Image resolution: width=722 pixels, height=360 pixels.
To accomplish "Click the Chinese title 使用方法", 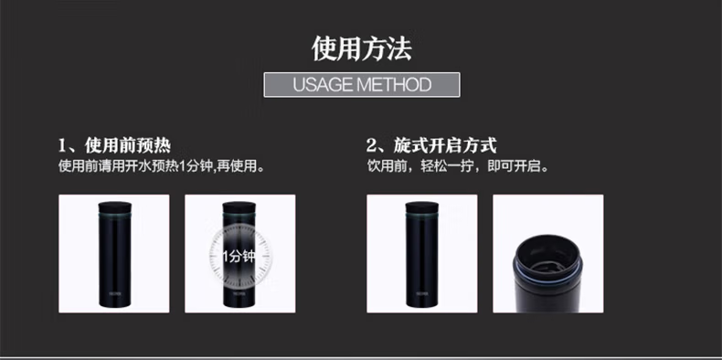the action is pos(362,48).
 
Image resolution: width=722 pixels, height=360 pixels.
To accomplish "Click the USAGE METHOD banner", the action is pos(362,85).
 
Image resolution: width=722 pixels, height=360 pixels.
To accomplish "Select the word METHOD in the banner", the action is pos(393,85).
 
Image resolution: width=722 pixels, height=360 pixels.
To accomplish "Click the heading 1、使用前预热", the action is pos(114,146).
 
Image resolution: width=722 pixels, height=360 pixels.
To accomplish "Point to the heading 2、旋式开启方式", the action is pos(431,146).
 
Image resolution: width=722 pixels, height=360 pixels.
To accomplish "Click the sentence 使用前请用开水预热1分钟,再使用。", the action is pos(162,166).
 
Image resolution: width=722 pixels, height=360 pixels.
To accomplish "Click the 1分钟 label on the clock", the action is pos(239,257).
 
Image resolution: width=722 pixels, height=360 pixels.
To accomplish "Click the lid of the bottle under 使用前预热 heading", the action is pos(114,206).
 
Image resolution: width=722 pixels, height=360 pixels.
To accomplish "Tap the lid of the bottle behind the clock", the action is pos(239,206).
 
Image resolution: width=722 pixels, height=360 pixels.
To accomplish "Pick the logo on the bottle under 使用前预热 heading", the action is pos(114,293).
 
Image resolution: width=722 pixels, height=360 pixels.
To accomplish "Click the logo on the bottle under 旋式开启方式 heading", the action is pos(422,293).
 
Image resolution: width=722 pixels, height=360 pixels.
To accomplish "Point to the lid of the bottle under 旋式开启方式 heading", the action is pos(422,206).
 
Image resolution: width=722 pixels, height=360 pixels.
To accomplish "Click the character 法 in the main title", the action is pos(398,48).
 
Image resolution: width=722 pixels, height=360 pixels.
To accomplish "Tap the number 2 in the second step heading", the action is pos(372,146).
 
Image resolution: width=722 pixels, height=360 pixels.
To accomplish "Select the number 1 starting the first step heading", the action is pos(63,146).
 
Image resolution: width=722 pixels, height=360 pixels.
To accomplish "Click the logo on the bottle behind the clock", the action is pos(239,293).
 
